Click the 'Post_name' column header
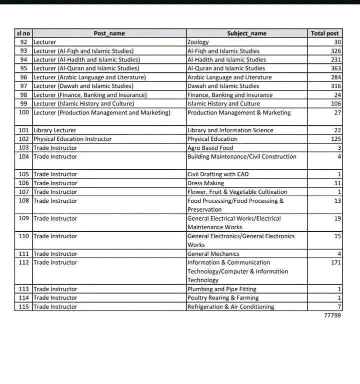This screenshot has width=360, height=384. pos(109,33)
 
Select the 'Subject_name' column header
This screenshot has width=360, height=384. pos(246,33)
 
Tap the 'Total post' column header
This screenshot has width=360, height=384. pos(324,33)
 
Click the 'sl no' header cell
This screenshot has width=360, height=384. pos(23,33)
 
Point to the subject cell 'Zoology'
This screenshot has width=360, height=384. pos(198,42)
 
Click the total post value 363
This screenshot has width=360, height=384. pos(335,68)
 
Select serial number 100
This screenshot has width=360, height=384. pos(23,113)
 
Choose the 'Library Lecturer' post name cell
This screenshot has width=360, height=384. pos(55,130)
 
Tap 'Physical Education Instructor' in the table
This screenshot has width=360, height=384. pos(73,139)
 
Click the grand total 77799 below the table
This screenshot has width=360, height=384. pos(332,316)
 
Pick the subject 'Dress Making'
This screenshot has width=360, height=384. pos(205,183)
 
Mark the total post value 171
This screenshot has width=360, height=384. pos(335,263)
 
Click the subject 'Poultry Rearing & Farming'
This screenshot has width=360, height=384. pos(223,298)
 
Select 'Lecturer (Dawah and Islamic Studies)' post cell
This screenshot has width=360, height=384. pos(84,86)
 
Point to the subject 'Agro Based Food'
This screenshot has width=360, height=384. pos(210,148)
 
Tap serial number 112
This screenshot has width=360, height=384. pos(23,263)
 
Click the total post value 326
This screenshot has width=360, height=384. pos(335,51)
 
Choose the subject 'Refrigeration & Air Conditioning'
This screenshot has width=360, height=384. pos(230,307)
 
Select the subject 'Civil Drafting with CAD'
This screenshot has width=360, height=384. pos(218,174)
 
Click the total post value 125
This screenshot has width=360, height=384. pos(335,139)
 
